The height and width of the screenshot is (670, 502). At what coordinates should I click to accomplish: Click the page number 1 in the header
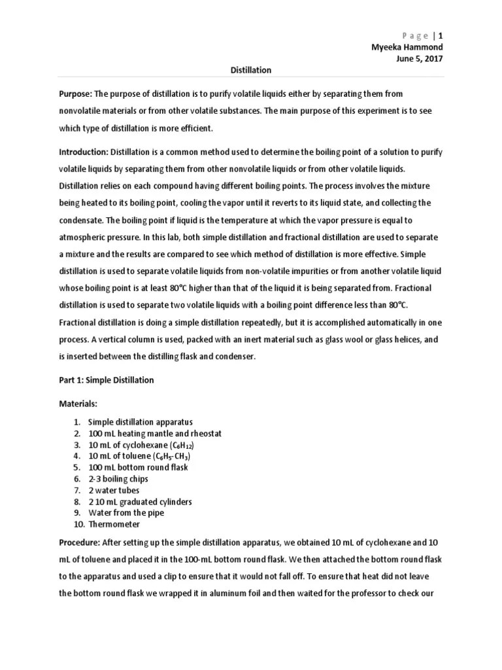tap(441, 35)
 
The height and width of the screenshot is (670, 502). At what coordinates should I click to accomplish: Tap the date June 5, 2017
tap(420, 58)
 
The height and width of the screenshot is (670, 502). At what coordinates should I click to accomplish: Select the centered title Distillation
tap(252, 70)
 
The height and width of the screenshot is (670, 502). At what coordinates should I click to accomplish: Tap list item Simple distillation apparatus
tap(140, 422)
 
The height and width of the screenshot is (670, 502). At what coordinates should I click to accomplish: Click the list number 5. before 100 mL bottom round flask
tap(76, 468)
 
